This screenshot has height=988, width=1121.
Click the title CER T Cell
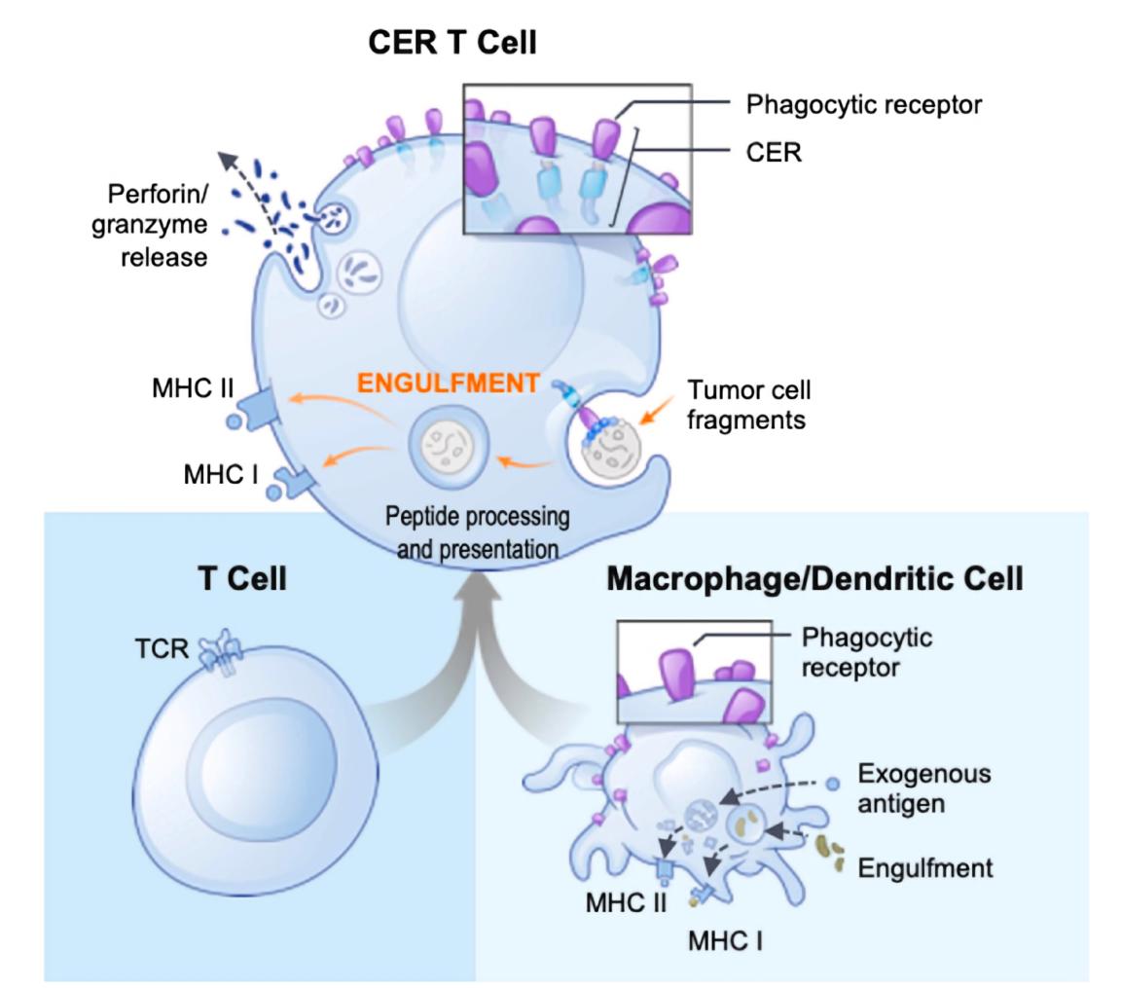452,43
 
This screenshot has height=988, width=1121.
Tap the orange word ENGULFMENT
448,383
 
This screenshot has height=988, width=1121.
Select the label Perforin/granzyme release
150,225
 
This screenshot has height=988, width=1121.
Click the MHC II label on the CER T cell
193,388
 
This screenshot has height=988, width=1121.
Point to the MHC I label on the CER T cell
221,475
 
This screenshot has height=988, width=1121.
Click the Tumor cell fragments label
748,405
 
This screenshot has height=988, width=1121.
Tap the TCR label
162,648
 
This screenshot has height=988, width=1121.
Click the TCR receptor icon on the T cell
219,651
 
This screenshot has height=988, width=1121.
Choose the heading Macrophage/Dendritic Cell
814,579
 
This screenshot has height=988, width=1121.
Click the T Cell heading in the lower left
241,579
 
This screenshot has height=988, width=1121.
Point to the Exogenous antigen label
923,789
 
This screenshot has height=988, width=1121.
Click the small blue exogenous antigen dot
832,784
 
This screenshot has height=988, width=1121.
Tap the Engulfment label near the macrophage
924,867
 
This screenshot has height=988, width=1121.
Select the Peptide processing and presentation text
477,531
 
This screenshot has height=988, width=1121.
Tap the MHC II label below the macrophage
626,902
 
